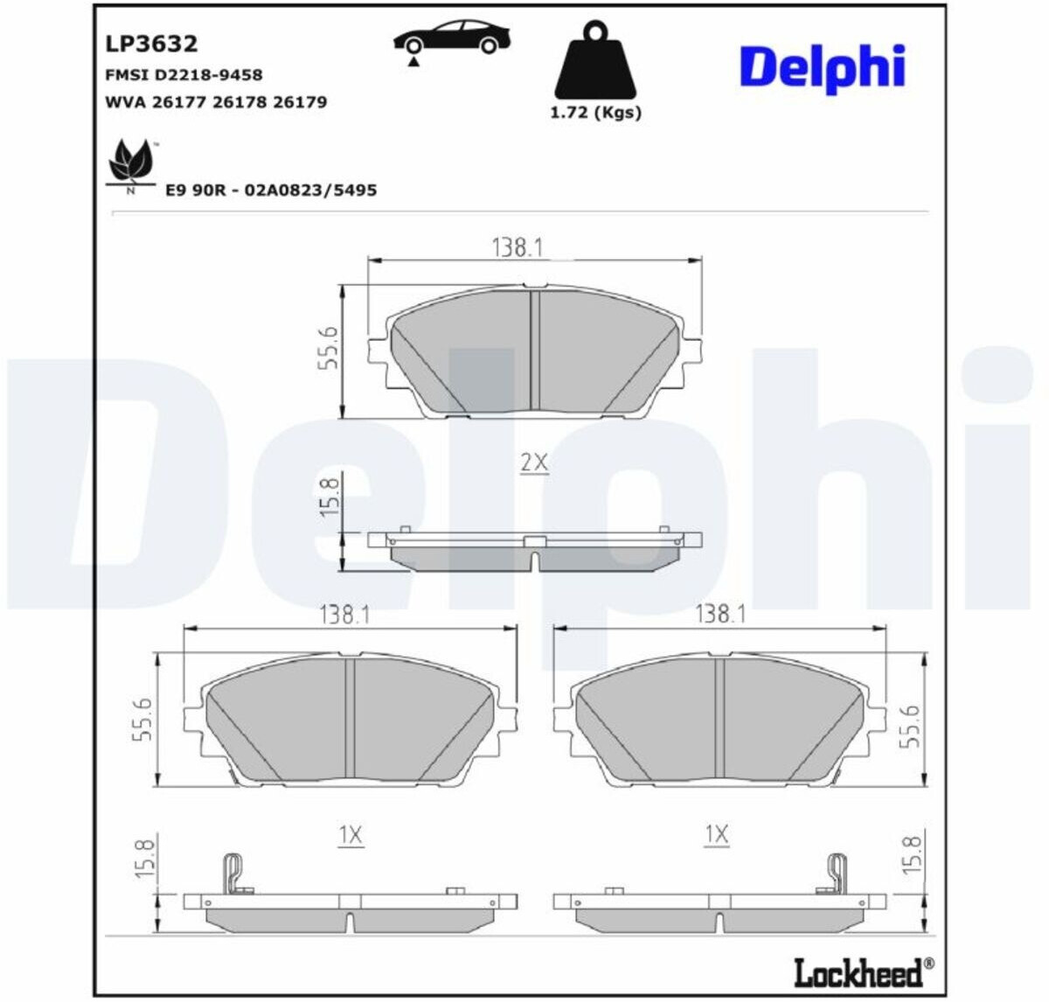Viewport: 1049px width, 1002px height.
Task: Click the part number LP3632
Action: point(151,44)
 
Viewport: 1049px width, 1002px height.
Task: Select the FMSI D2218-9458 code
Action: point(184,74)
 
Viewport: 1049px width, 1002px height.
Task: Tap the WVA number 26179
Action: point(300,102)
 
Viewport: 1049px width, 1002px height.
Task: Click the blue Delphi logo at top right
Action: point(822,68)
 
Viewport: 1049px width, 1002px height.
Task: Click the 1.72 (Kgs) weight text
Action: point(595,114)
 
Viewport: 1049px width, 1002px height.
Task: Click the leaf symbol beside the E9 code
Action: point(131,164)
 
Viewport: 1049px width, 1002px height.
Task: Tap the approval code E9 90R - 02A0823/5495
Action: point(271,190)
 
